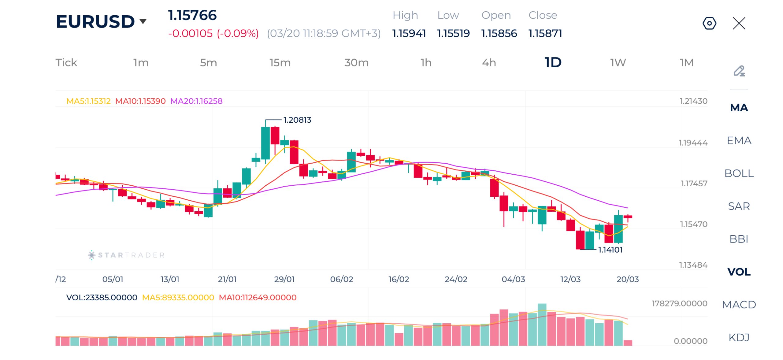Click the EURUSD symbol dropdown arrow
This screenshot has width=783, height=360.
[x=143, y=21]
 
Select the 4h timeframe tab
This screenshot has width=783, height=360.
[x=488, y=63]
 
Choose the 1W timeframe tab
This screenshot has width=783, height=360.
[x=618, y=63]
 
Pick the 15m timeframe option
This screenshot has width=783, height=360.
[x=280, y=63]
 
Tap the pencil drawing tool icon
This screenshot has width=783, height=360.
[x=739, y=71]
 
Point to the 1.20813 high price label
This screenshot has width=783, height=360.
[x=297, y=120]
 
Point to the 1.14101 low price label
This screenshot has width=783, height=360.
[x=610, y=250]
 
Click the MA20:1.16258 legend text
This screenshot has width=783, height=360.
[x=196, y=101]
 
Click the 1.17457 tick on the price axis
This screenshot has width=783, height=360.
[x=693, y=184]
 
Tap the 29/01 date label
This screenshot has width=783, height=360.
[x=284, y=279]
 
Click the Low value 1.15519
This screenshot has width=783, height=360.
[x=453, y=33]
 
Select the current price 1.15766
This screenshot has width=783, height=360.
[x=192, y=15]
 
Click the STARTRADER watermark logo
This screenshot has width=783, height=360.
[x=126, y=255]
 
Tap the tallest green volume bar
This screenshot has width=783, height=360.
[x=542, y=324]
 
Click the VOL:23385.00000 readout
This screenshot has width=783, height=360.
[x=102, y=298]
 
